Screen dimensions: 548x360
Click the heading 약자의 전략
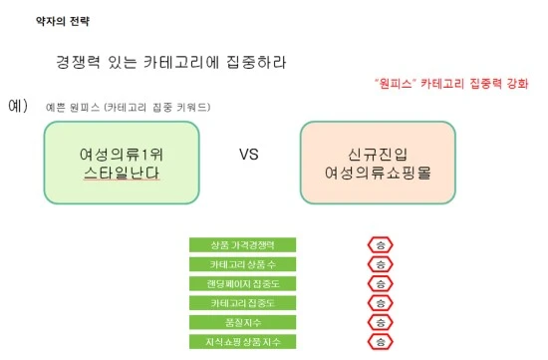[59, 20]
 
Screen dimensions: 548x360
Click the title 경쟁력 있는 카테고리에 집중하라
[171, 62]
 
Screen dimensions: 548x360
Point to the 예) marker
[18, 104]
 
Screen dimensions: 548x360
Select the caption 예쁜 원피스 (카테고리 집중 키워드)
[129, 107]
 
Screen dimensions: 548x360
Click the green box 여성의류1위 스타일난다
[122, 163]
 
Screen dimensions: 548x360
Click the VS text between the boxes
[249, 156]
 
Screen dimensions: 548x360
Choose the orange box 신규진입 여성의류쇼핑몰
[377, 163]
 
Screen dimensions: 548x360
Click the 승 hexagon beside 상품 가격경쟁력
[380, 244]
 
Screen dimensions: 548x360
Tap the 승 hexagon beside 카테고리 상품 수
[380, 264]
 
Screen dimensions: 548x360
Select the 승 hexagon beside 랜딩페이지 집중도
[380, 283]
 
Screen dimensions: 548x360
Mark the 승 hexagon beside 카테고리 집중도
[380, 302]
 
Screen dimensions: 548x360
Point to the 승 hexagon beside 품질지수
[380, 322]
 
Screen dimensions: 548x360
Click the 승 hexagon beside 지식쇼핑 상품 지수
[380, 342]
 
